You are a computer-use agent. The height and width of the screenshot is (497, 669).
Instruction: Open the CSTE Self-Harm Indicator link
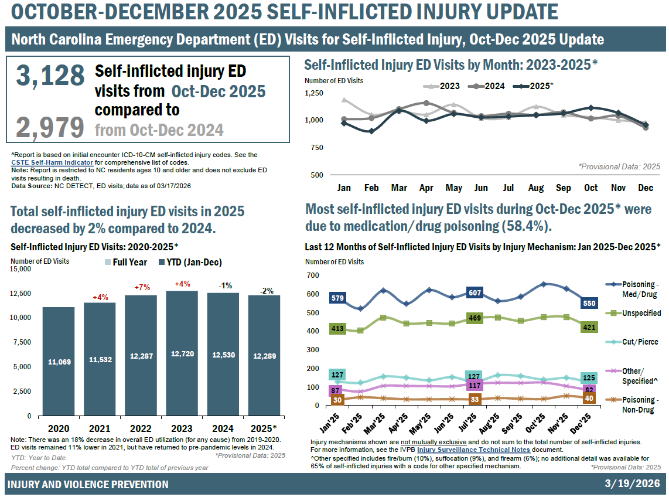pyautogui.click(x=52, y=162)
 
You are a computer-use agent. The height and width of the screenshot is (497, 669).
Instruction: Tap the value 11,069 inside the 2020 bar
pyautogui.click(x=59, y=362)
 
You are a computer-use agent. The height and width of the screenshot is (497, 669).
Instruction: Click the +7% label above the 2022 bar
pyautogui.click(x=142, y=288)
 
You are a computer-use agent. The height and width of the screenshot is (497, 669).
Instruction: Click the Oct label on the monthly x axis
pyautogui.click(x=591, y=188)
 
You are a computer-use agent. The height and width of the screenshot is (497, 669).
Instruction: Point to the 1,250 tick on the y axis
pyautogui.click(x=314, y=93)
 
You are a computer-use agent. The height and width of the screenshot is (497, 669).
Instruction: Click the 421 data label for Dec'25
pyautogui.click(x=589, y=327)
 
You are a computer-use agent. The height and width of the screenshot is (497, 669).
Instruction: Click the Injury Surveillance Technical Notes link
pyautogui.click(x=465, y=450)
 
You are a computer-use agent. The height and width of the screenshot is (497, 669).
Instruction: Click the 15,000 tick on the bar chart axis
pyautogui.click(x=21, y=269)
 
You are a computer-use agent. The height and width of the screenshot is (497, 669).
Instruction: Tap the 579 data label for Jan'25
pyautogui.click(x=338, y=298)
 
